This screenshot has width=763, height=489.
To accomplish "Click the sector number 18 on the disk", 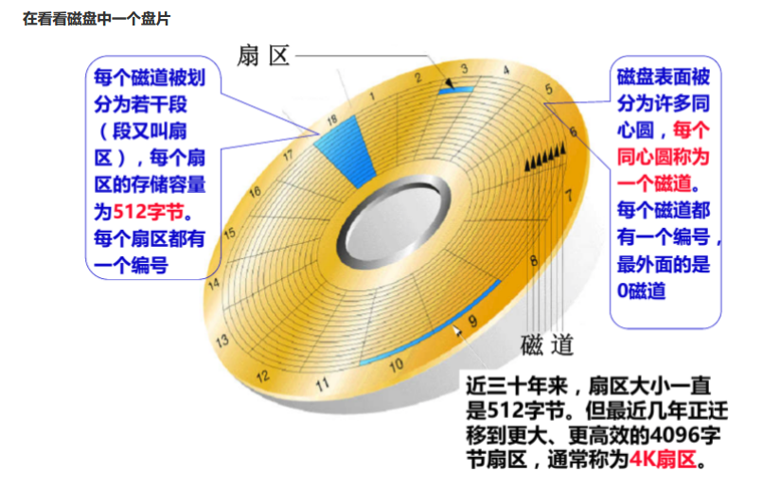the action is point(331,121).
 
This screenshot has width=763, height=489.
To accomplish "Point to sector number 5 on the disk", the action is point(548,91).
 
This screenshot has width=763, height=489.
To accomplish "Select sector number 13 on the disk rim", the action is point(223,339).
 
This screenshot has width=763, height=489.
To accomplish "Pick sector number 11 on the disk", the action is point(322,384).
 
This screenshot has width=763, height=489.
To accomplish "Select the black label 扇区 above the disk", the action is point(262,57).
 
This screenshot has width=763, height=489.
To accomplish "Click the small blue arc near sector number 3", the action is point(454,87).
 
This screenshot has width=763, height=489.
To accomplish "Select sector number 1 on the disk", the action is point(374,96).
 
